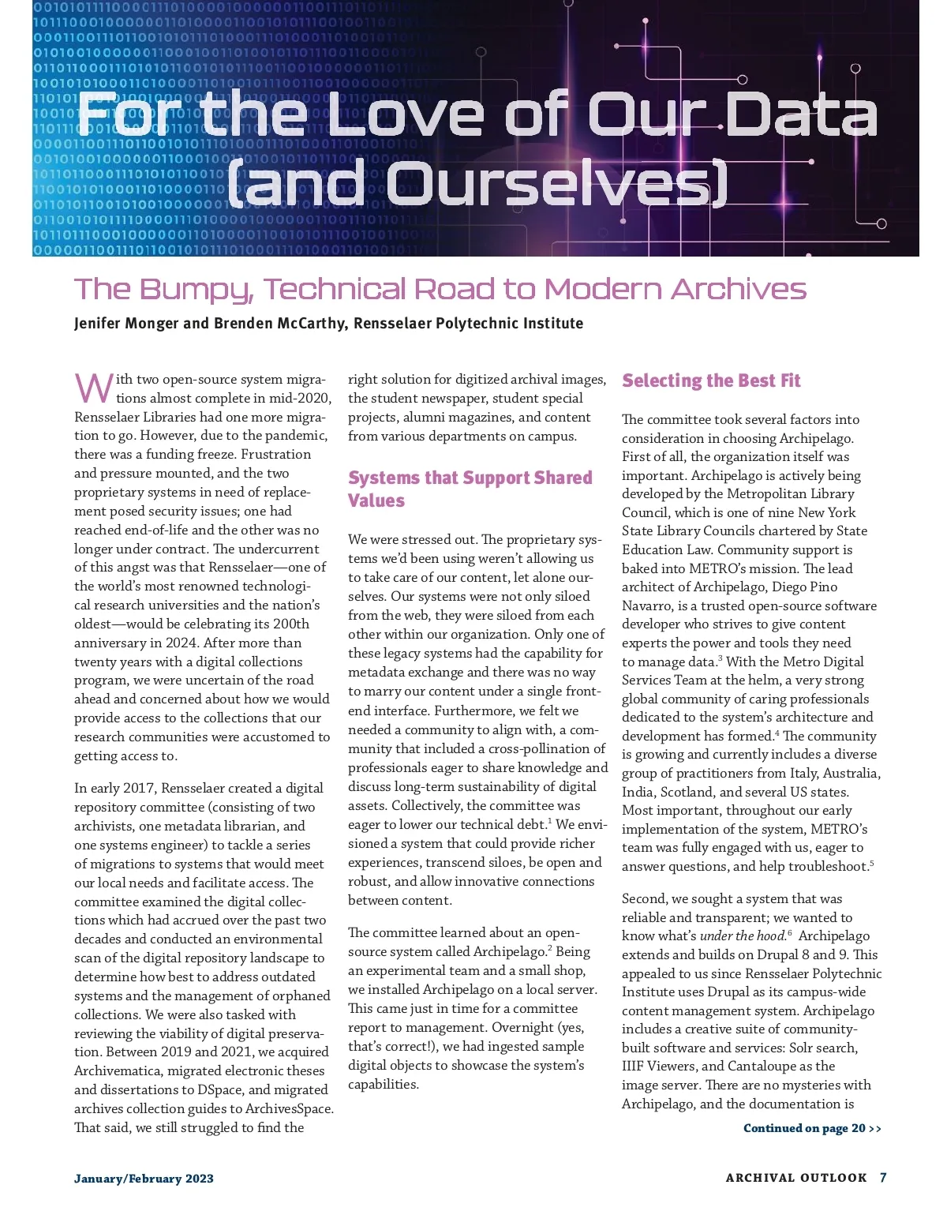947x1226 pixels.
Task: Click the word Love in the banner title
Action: click(406, 114)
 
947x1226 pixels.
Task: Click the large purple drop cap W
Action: click(94, 388)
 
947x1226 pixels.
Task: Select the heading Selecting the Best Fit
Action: click(711, 381)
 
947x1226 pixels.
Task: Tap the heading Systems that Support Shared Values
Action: click(470, 489)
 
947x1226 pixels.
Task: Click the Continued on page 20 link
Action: click(812, 1128)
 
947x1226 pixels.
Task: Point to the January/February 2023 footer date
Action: click(144, 1179)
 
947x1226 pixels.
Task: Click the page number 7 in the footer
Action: click(883, 1178)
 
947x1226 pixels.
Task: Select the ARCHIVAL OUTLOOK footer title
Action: click(795, 1178)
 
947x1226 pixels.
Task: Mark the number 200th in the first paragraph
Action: click(290, 624)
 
